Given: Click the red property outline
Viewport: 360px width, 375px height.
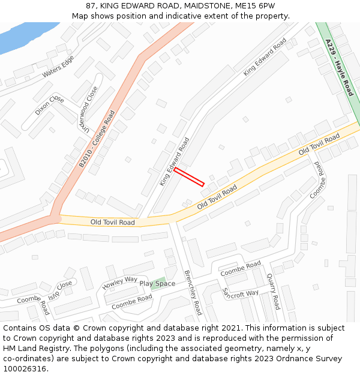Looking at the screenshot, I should pos(189,176).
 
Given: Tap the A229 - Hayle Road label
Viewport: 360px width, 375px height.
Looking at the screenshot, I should pos(340,67).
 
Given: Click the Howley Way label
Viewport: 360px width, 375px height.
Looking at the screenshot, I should pos(119,282).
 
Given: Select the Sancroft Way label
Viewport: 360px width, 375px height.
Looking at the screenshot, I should pos(240,293).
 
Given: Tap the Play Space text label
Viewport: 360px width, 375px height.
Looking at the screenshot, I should pos(157,284).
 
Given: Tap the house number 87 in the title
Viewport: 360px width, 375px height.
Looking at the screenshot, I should pos(91,5).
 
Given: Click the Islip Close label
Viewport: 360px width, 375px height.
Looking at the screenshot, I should pos(60,287).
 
